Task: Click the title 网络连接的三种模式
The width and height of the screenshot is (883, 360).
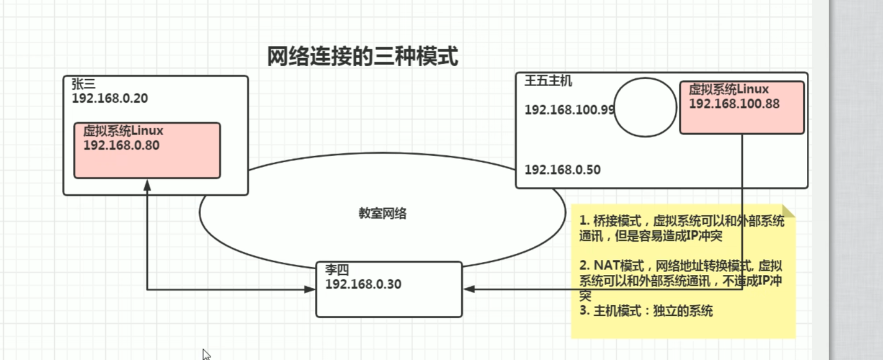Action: pos(362,56)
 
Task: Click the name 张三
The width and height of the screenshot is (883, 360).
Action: pos(83,84)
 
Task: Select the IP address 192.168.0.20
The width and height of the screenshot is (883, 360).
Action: pos(109,98)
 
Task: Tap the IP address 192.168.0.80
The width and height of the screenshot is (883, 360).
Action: pos(121,145)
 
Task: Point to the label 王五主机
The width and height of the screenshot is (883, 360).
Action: pos(548,81)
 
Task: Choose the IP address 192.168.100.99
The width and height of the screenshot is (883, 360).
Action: pos(569,110)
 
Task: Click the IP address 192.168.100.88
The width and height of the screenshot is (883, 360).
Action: pos(734,103)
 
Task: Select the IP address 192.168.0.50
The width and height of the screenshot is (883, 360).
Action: pos(562,170)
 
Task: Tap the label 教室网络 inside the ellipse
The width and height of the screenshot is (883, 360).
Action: pos(382,213)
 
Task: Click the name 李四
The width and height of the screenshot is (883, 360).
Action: pos(336,269)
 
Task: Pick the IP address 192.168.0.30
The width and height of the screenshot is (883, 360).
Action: pos(363,284)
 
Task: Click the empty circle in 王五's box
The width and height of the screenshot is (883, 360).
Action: pos(645,107)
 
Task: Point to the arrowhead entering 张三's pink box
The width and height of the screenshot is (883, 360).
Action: pos(147,185)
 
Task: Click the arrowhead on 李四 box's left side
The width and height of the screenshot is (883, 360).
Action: pos(310,289)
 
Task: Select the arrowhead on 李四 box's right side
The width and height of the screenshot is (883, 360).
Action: pos(469,289)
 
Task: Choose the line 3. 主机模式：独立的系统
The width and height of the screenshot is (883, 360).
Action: pos(646,311)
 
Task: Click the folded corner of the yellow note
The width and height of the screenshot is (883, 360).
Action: pos(789,211)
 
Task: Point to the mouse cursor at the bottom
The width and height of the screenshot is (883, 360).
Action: pos(206,354)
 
